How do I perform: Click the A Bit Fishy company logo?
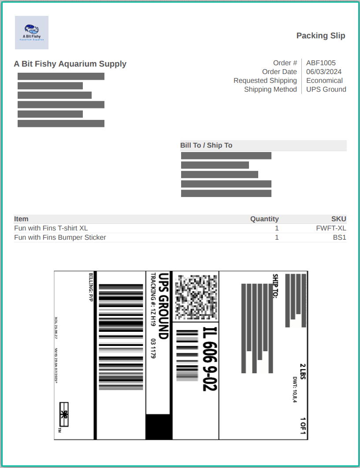tap(32, 32)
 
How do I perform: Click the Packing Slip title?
tap(320, 36)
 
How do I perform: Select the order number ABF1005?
tap(321, 63)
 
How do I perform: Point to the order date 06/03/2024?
tap(324, 72)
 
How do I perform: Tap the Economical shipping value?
tap(324, 81)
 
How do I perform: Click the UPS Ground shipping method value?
tap(326, 89)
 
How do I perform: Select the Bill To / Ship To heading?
tap(206, 145)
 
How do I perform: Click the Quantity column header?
tap(264, 219)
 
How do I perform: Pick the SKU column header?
tap(339, 219)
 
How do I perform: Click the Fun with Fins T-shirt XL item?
tap(51, 228)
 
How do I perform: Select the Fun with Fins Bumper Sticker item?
tap(60, 238)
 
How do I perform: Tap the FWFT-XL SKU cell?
tap(331, 228)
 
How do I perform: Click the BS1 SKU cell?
tap(339, 238)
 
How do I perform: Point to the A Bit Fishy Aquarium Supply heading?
tap(70, 64)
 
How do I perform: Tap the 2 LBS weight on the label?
tap(303, 371)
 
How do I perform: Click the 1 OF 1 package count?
tap(303, 426)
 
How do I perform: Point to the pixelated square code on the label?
tap(196, 297)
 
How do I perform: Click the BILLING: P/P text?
tap(91, 287)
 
